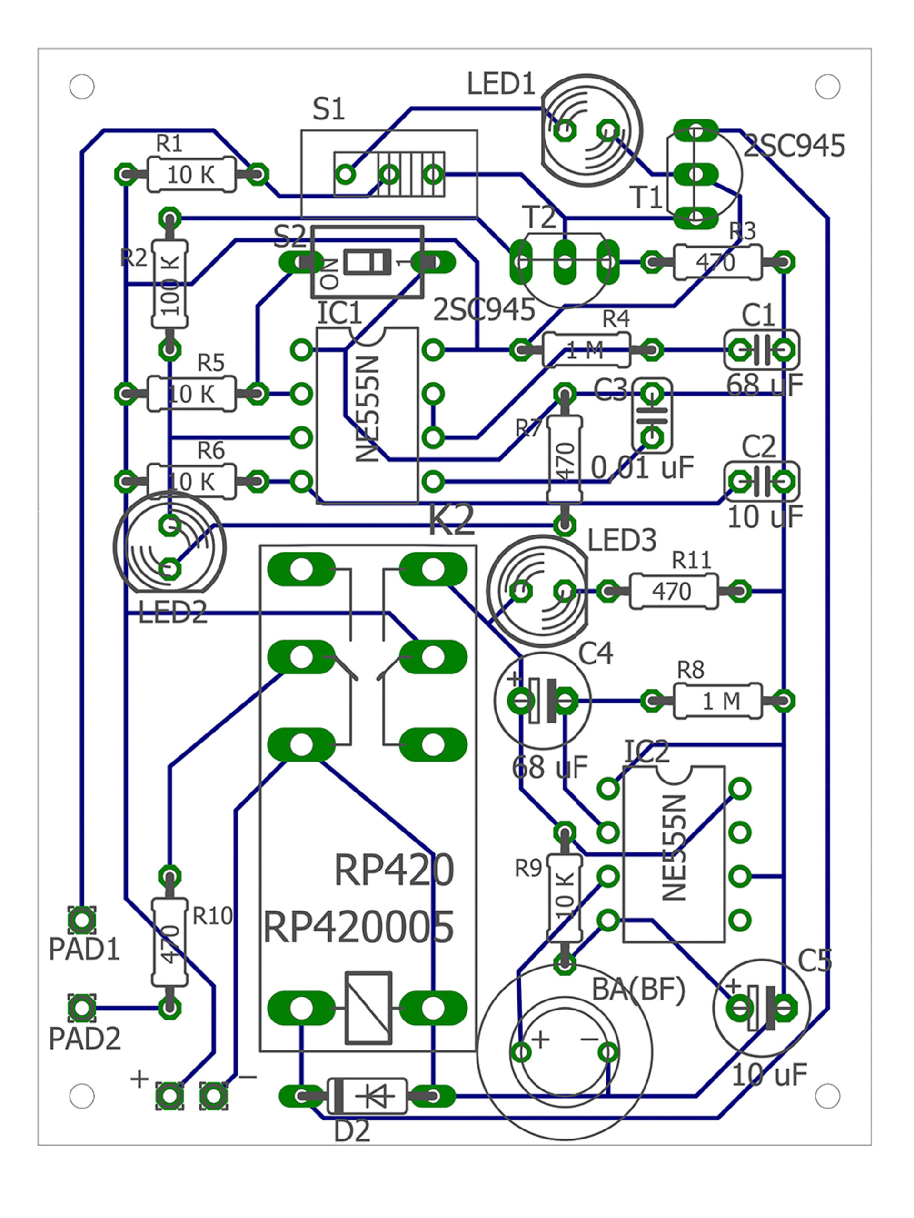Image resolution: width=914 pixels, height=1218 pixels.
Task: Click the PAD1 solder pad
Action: click(81, 919)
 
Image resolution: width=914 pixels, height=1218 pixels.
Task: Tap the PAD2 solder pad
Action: click(81, 1007)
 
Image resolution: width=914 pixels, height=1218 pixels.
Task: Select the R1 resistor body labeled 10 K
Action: click(191, 175)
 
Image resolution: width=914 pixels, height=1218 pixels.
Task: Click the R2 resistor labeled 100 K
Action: click(169, 284)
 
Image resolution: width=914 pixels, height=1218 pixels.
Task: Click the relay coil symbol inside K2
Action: click(368, 1008)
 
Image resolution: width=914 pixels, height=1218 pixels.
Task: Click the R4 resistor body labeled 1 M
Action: click(586, 350)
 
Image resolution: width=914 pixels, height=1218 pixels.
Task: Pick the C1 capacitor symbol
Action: click(762, 350)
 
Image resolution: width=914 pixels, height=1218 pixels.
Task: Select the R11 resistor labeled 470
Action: click(673, 591)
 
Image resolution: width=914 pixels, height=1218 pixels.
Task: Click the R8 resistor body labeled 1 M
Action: click(717, 701)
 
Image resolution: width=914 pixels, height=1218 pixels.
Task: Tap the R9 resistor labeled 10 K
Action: click(565, 898)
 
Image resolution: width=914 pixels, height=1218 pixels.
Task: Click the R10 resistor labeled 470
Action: click(169, 941)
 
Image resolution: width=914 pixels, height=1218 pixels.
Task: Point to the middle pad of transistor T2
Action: click(565, 262)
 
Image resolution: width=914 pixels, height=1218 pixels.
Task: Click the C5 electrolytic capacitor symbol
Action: click(762, 1008)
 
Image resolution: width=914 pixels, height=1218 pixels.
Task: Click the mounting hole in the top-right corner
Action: click(827, 87)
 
